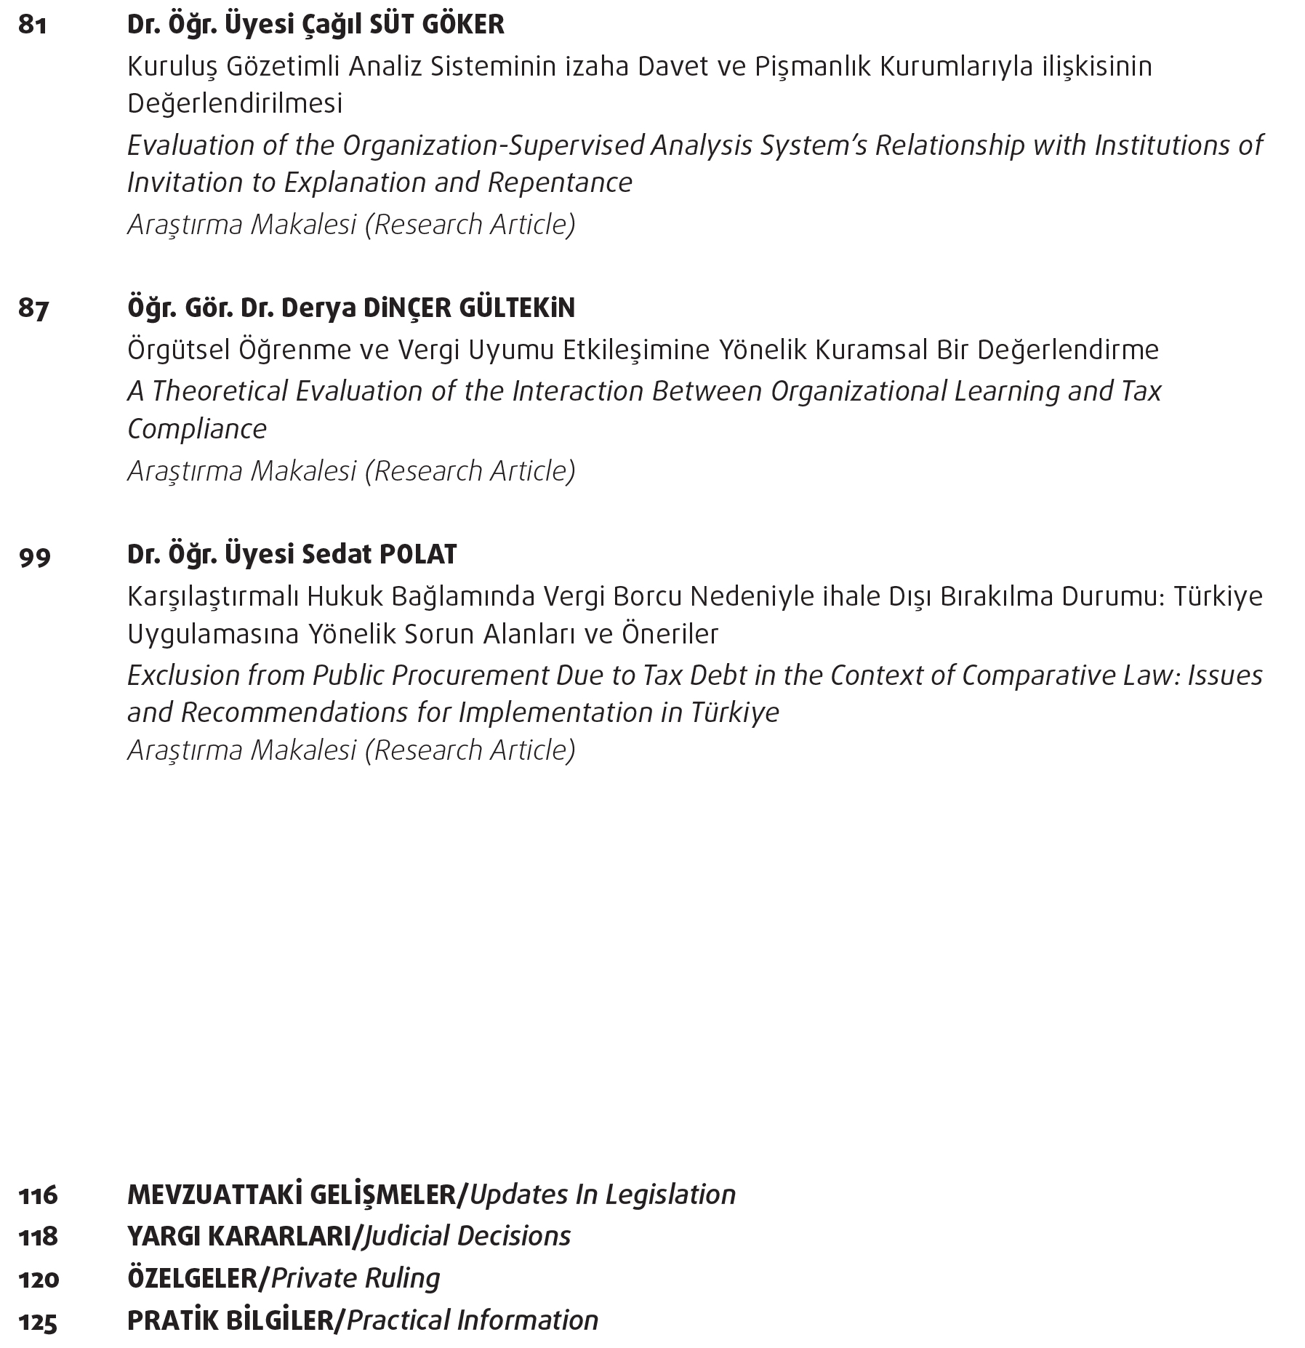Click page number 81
33,25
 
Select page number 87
34,309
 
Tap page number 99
35,556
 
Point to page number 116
39,1195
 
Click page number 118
39,1236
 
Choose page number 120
39,1278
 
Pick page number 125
39,1321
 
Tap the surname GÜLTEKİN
517,308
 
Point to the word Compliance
197,429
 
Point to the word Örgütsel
177,350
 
